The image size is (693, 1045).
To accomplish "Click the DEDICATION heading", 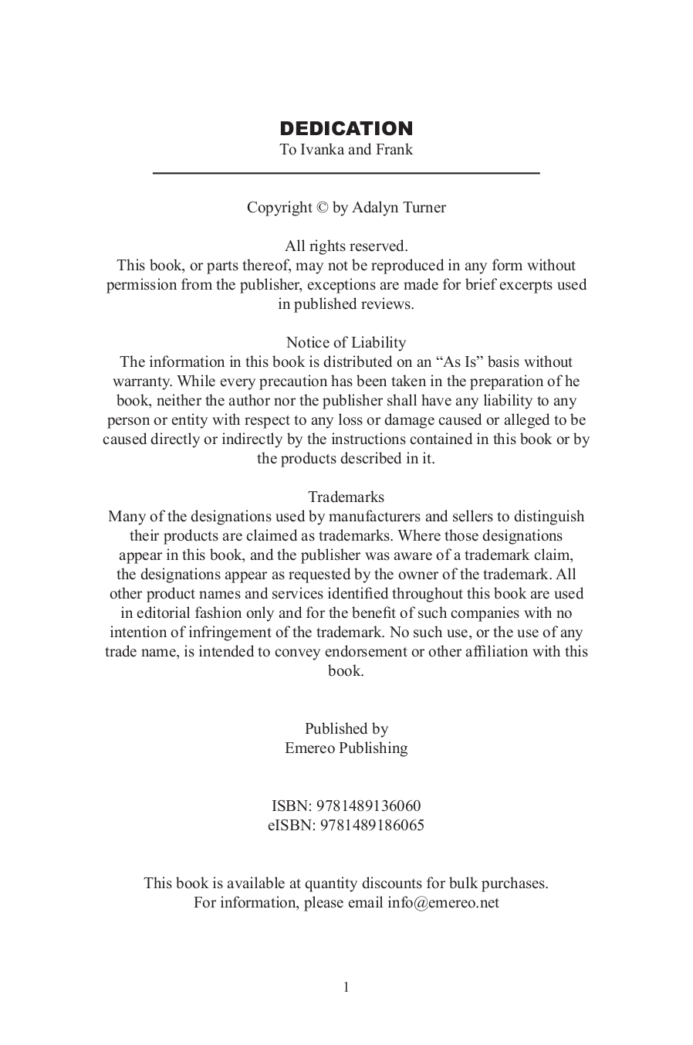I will (x=346, y=128).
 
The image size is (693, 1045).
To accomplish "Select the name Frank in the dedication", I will (x=394, y=150).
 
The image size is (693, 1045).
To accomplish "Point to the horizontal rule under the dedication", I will (x=346, y=173).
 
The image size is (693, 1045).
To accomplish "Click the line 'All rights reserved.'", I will (x=346, y=246).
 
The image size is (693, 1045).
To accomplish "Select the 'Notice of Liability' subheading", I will (x=346, y=343).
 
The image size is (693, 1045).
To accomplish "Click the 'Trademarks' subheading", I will (x=346, y=497).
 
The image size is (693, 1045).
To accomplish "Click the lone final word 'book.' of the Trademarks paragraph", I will (x=346, y=671).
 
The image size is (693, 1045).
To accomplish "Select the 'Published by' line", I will (x=346, y=729).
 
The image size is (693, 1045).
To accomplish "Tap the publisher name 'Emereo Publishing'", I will (x=346, y=748).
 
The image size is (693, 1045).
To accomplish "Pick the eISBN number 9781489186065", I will (x=371, y=826).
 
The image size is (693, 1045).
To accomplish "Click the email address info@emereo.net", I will (x=443, y=903).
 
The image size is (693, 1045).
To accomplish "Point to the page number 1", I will (x=346, y=987).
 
